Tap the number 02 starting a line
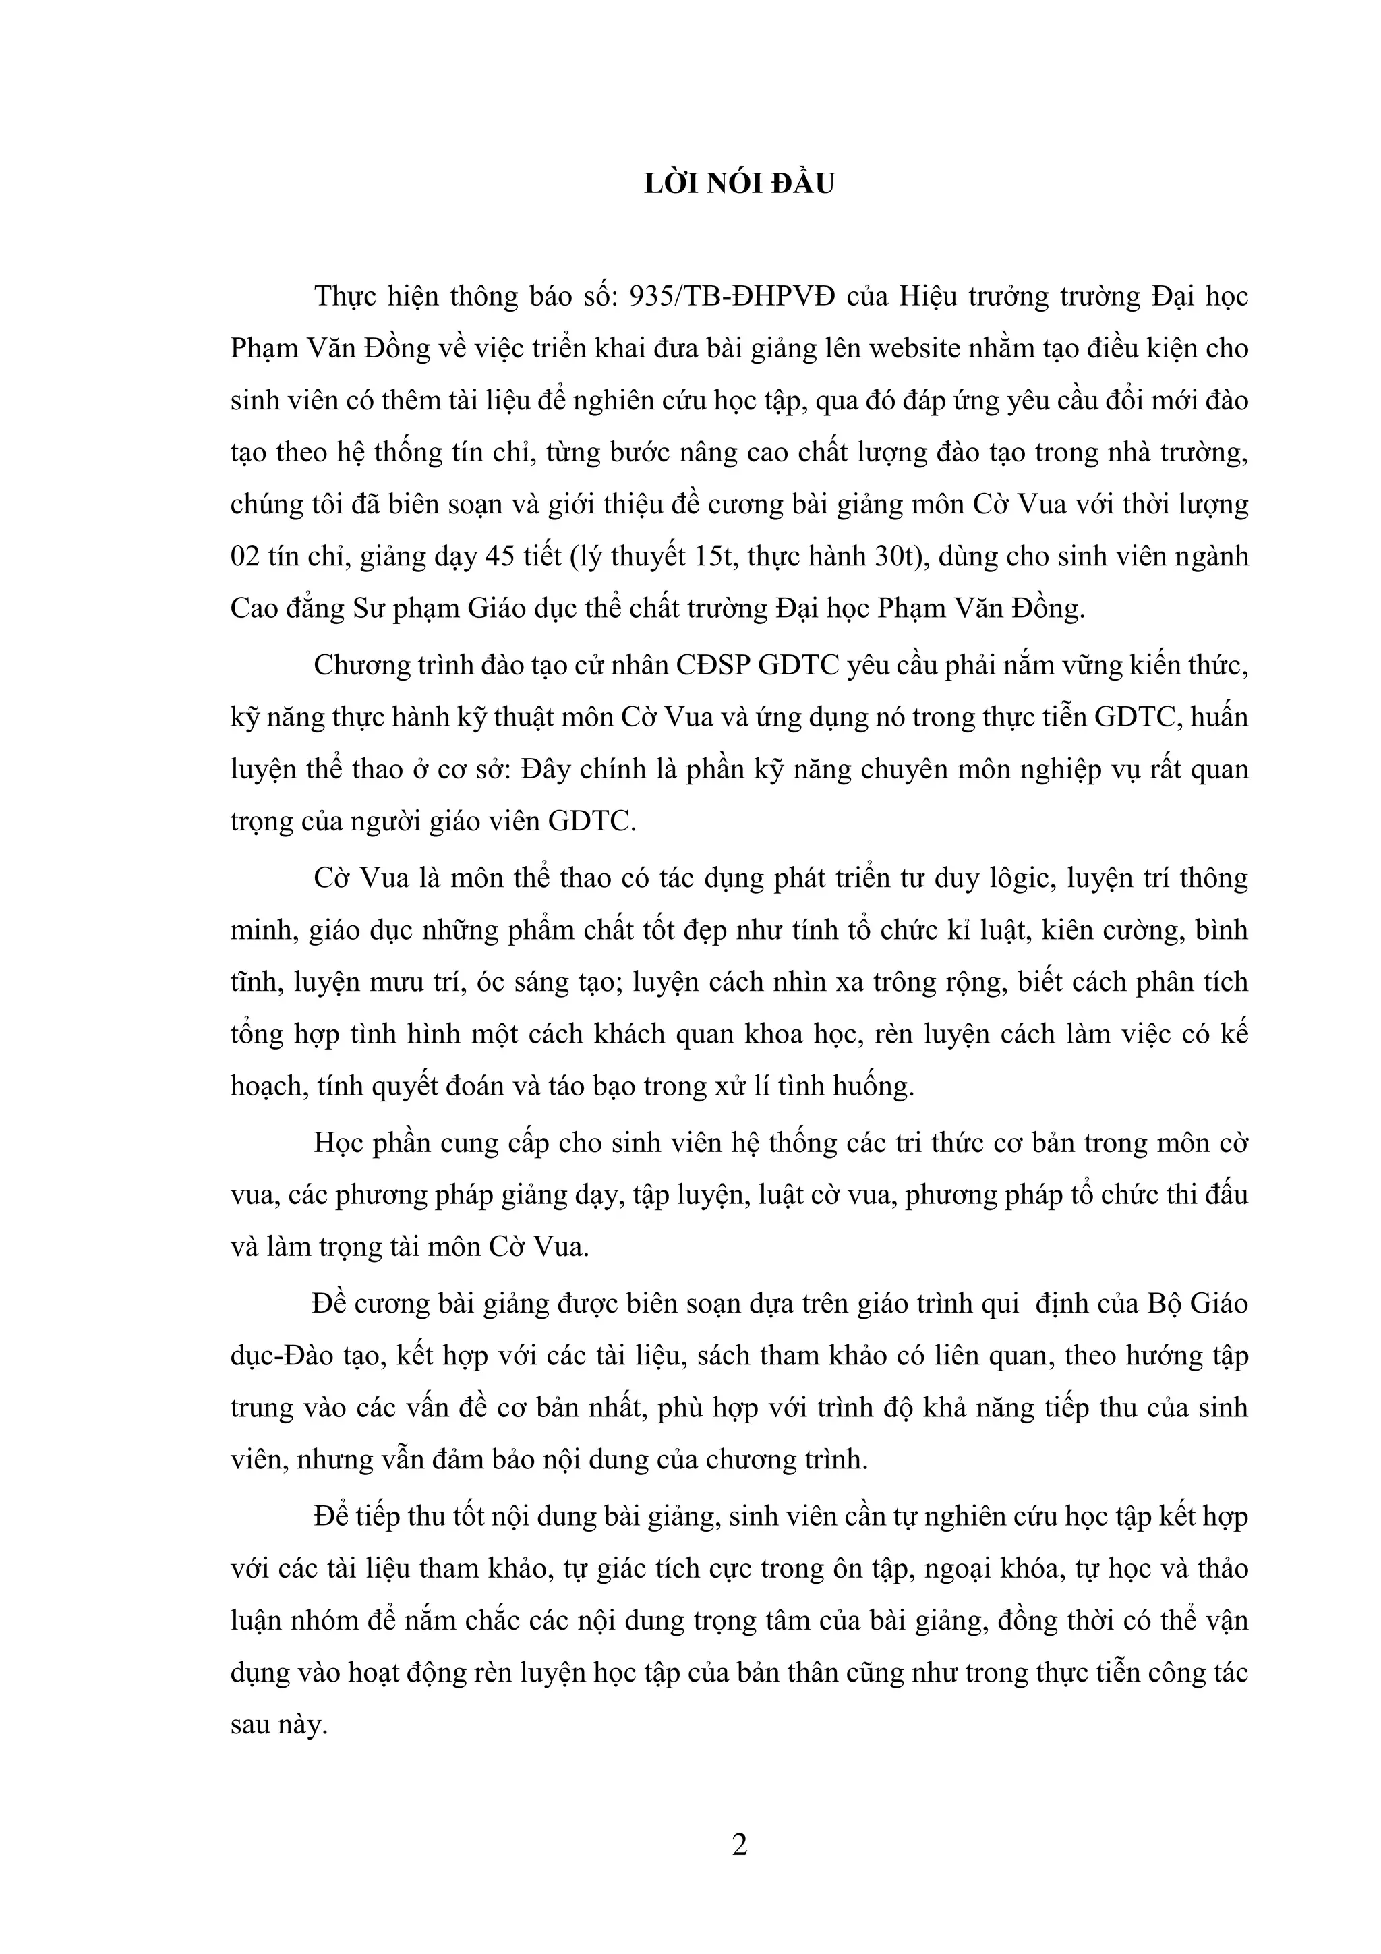(246, 556)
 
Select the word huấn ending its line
(1218, 718)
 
